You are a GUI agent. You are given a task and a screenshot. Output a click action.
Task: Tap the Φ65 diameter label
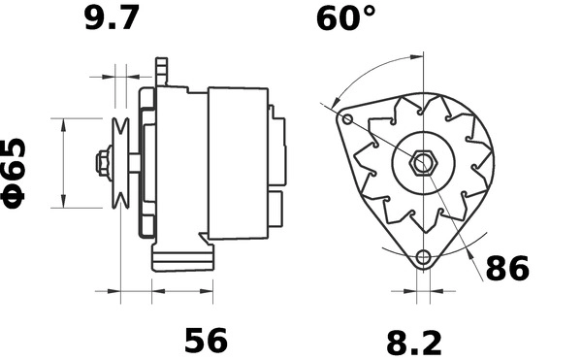16,170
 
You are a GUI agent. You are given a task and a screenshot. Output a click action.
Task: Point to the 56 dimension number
206,340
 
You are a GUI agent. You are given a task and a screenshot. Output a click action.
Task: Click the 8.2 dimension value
414,342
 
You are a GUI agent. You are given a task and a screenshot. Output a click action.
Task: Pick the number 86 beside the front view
507,268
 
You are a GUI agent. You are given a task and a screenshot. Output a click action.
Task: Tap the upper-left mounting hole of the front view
348,119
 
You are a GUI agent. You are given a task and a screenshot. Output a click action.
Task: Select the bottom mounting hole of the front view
422,257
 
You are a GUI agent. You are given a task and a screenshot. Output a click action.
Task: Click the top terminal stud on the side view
162,70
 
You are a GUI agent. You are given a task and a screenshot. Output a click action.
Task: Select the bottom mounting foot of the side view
182,257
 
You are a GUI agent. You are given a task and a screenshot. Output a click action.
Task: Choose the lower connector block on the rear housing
276,206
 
